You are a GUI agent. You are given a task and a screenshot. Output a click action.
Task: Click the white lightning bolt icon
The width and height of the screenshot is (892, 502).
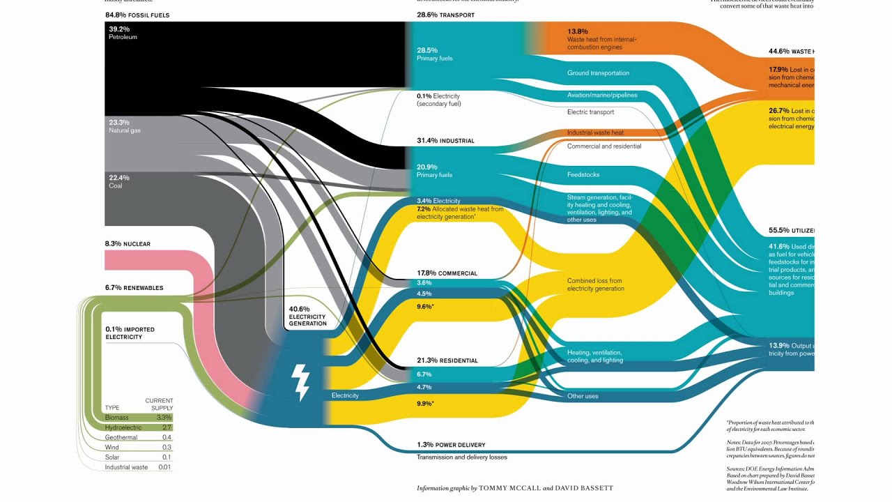301,382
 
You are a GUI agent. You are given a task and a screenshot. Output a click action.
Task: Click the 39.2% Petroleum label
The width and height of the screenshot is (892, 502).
123,33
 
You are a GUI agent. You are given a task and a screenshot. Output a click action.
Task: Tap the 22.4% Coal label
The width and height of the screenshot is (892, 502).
118,182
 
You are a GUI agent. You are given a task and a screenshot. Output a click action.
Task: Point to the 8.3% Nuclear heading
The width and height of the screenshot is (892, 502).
128,244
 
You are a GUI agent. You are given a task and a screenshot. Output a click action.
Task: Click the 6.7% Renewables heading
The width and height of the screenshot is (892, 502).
134,288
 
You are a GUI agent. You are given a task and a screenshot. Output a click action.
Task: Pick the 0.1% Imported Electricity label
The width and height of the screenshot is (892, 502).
130,333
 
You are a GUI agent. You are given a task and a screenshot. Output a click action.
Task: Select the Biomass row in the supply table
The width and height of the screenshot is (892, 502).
122,417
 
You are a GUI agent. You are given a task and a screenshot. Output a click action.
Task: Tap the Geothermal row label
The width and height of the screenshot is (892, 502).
121,437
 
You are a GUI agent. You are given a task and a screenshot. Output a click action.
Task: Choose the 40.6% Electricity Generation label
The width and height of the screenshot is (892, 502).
307,316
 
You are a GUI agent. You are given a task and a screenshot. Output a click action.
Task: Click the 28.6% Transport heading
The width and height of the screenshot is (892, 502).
445,15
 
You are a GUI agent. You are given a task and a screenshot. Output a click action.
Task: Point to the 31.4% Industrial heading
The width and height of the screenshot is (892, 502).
445,141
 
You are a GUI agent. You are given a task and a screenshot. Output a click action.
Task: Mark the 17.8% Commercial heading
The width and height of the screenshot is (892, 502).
447,273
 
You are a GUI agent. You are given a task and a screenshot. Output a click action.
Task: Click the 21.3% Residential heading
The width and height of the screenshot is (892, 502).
447,360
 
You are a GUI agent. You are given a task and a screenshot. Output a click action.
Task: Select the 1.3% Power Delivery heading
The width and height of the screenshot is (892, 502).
451,445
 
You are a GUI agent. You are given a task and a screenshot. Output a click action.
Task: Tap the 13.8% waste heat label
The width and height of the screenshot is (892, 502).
601,40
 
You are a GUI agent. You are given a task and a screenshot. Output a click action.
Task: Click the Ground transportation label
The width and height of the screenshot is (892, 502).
598,73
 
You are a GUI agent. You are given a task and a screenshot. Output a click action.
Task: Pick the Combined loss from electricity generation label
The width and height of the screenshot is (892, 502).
594,284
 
